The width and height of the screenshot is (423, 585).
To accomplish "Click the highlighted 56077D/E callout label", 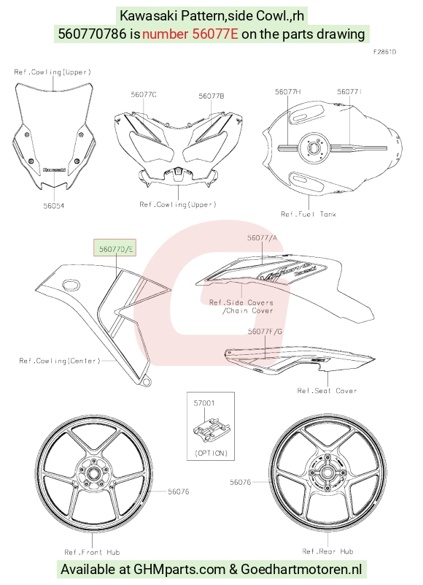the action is click(x=115, y=248).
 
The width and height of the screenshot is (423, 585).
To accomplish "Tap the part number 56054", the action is click(x=54, y=205).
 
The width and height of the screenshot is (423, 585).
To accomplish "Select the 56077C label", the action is click(x=144, y=95).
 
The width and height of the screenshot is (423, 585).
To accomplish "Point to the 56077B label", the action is click(x=211, y=96).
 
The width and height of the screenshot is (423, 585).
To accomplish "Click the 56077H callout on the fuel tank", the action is click(x=288, y=92).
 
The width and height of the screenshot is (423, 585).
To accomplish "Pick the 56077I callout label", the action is click(x=349, y=92).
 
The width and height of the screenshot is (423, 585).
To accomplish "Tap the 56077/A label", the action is click(x=263, y=237).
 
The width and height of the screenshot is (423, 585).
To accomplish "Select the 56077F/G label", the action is click(x=265, y=332).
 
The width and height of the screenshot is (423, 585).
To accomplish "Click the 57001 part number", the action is click(x=204, y=403).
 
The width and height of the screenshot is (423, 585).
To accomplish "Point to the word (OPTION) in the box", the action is click(x=211, y=453).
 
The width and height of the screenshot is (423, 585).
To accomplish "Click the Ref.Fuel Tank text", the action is click(x=308, y=214).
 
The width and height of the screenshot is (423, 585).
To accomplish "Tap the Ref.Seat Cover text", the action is click(x=327, y=391).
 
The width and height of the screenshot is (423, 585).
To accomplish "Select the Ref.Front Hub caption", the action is click(x=92, y=552).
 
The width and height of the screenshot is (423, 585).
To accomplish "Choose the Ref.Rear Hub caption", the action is click(x=327, y=551).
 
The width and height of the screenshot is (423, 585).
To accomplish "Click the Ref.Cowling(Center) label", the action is click(x=60, y=361).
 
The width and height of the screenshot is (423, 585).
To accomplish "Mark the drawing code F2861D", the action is click(x=384, y=52).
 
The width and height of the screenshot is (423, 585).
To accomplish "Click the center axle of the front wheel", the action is click(x=92, y=474).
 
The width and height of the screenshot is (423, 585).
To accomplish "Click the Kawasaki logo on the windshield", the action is click(x=55, y=169).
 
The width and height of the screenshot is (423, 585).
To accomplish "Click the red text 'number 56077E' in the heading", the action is click(x=190, y=34).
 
